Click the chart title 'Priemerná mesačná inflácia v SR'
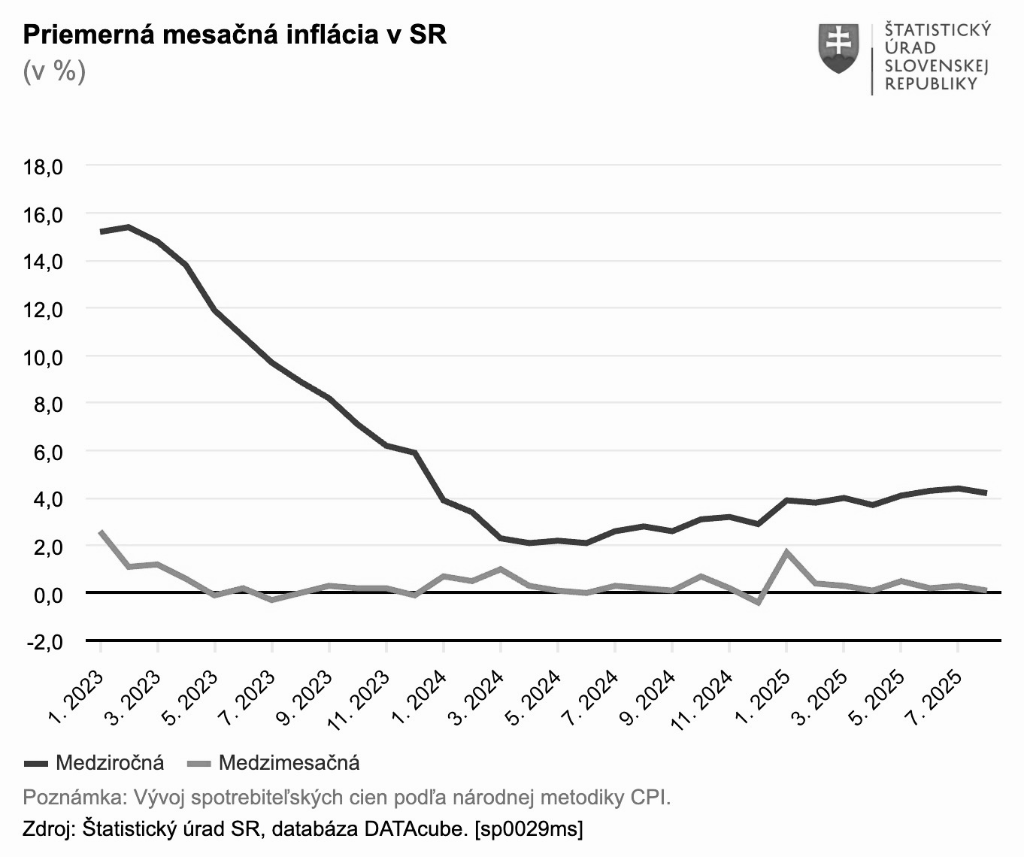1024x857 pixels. [x=235, y=35]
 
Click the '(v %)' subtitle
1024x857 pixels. [x=54, y=71]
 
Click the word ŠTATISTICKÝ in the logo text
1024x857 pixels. [x=938, y=30]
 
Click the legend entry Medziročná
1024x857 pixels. [x=110, y=763]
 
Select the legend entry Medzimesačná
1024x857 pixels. [x=289, y=763]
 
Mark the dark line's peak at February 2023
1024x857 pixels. [x=129, y=226]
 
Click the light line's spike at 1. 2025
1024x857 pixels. [x=786, y=552]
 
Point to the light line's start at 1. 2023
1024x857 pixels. [x=101, y=531]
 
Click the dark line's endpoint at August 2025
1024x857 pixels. [x=986, y=493]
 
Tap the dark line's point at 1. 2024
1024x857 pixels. [x=444, y=500]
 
